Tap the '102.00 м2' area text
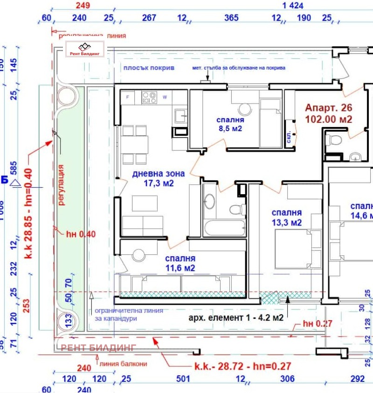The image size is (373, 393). [328, 119]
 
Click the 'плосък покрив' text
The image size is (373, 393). [148, 68]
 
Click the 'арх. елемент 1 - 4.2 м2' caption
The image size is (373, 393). [235, 318]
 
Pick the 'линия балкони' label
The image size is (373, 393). [120, 364]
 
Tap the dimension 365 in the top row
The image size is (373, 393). [231, 18]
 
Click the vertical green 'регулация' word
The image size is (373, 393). [61, 185]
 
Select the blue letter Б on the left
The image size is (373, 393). [4, 179]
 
